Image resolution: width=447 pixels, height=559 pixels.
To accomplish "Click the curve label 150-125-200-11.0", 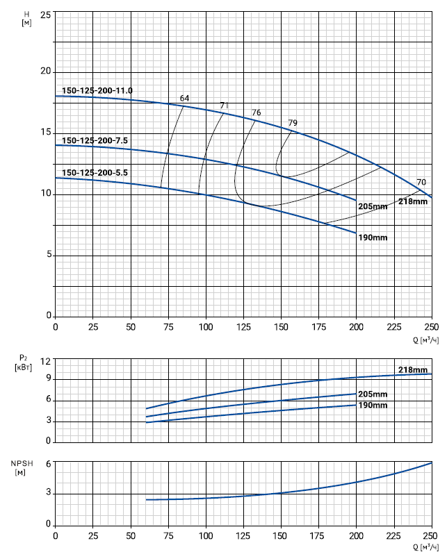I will [97, 91].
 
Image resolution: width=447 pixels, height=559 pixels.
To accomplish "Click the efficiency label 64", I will [184, 99].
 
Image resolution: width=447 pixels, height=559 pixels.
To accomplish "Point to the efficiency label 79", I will [293, 124].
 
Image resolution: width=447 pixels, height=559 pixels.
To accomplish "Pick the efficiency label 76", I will [257, 113].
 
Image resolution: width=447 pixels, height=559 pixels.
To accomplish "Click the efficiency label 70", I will [421, 183].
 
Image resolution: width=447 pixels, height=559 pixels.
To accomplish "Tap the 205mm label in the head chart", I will [373, 207].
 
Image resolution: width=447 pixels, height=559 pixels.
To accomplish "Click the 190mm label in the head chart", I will [373, 237].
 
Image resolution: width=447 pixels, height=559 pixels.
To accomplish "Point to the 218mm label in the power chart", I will [412, 369].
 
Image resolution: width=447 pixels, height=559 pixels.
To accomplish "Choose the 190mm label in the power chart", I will [373, 405].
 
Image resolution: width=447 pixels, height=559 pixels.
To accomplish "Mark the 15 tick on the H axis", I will [46, 133].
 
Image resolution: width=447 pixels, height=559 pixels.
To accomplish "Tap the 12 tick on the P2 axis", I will [46, 362].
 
